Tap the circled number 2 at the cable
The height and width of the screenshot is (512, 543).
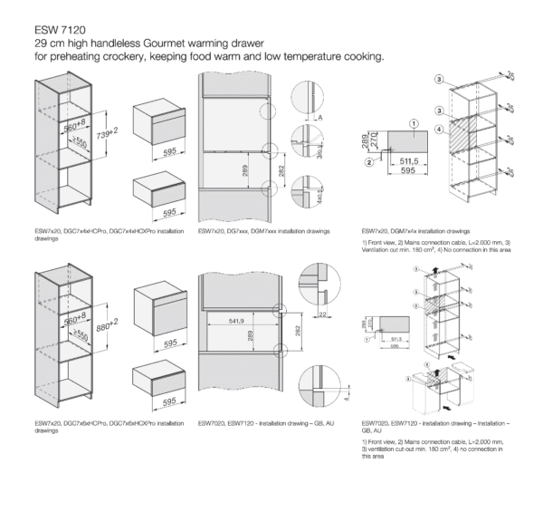[370, 162]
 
